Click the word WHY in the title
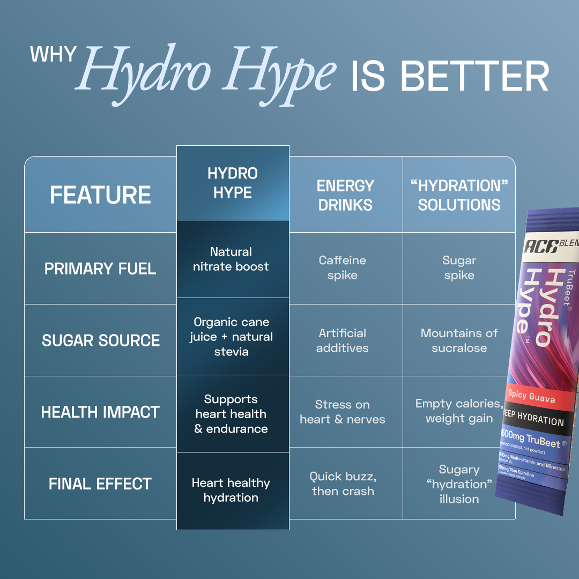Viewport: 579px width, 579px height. pyautogui.click(x=54, y=55)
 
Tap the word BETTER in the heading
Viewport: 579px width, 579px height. pyautogui.click(x=474, y=77)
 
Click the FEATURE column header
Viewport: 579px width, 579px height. pyautogui.click(x=100, y=195)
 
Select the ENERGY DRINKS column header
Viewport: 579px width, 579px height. pyautogui.click(x=345, y=195)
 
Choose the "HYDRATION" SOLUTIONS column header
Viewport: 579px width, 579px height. pyautogui.click(x=459, y=195)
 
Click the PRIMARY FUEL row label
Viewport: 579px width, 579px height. pyautogui.click(x=100, y=269)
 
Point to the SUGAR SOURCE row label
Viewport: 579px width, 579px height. pyautogui.click(x=100, y=340)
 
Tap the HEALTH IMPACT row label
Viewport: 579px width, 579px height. pyautogui.click(x=100, y=412)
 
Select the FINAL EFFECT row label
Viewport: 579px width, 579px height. pyautogui.click(x=100, y=484)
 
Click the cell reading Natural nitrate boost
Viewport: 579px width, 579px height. pyautogui.click(x=231, y=259)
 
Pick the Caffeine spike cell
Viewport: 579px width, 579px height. pyautogui.click(x=343, y=268)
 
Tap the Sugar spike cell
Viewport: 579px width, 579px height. pyautogui.click(x=459, y=268)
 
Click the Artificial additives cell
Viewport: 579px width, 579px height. pyautogui.click(x=343, y=340)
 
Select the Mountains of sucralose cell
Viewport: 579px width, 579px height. pyautogui.click(x=459, y=340)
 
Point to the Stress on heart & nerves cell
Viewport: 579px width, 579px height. pyautogui.click(x=343, y=412)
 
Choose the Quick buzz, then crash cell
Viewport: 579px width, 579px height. pyautogui.click(x=343, y=484)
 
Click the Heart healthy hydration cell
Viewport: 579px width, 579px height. pyautogui.click(x=231, y=490)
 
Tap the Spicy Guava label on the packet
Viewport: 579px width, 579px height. pyautogui.click(x=531, y=397)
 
